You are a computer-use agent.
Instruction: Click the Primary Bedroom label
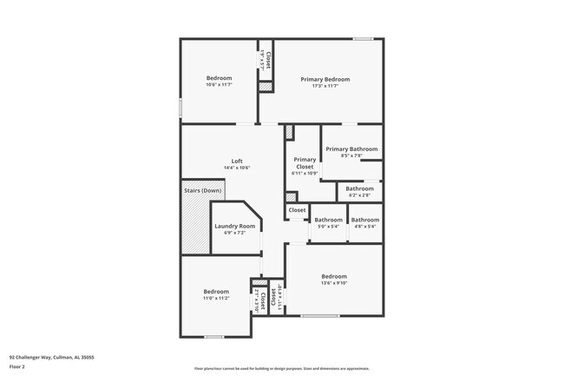pyautogui.click(x=325, y=79)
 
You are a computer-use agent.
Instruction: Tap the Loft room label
pyautogui.click(x=236, y=160)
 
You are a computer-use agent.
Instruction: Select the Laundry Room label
pyautogui.click(x=235, y=226)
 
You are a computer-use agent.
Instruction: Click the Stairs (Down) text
pyautogui.click(x=202, y=190)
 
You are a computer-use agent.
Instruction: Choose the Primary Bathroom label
pyautogui.click(x=351, y=148)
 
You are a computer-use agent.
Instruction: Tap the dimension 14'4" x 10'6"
pyautogui.click(x=236, y=167)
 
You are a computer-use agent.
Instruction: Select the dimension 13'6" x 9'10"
pyautogui.click(x=334, y=283)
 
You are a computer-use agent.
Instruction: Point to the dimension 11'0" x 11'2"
pyautogui.click(x=216, y=298)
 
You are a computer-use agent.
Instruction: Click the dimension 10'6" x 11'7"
pyautogui.click(x=219, y=85)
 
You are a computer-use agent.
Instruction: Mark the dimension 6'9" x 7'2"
pyautogui.click(x=235, y=233)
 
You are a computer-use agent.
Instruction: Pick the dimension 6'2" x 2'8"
pyautogui.click(x=359, y=195)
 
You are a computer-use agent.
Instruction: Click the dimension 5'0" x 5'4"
pyautogui.click(x=328, y=227)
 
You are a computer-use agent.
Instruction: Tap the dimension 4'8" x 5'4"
pyautogui.click(x=364, y=227)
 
